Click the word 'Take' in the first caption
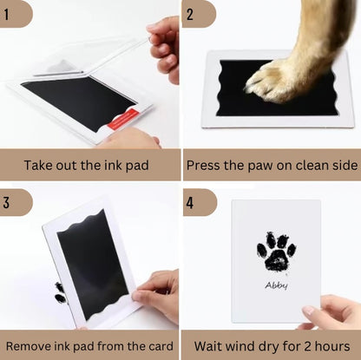tap(40, 164)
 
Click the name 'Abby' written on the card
tap(276, 284)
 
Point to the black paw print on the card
tap(276, 252)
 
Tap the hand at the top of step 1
tap(165, 43)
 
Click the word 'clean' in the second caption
tap(304, 163)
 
